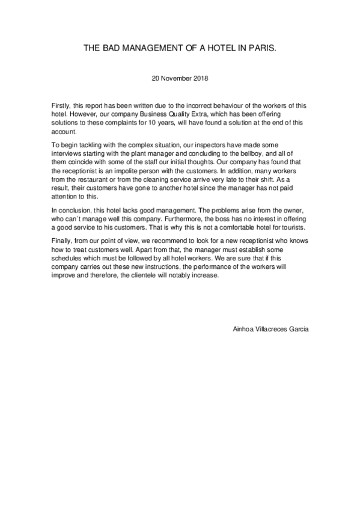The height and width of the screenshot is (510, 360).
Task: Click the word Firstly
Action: click(61, 105)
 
